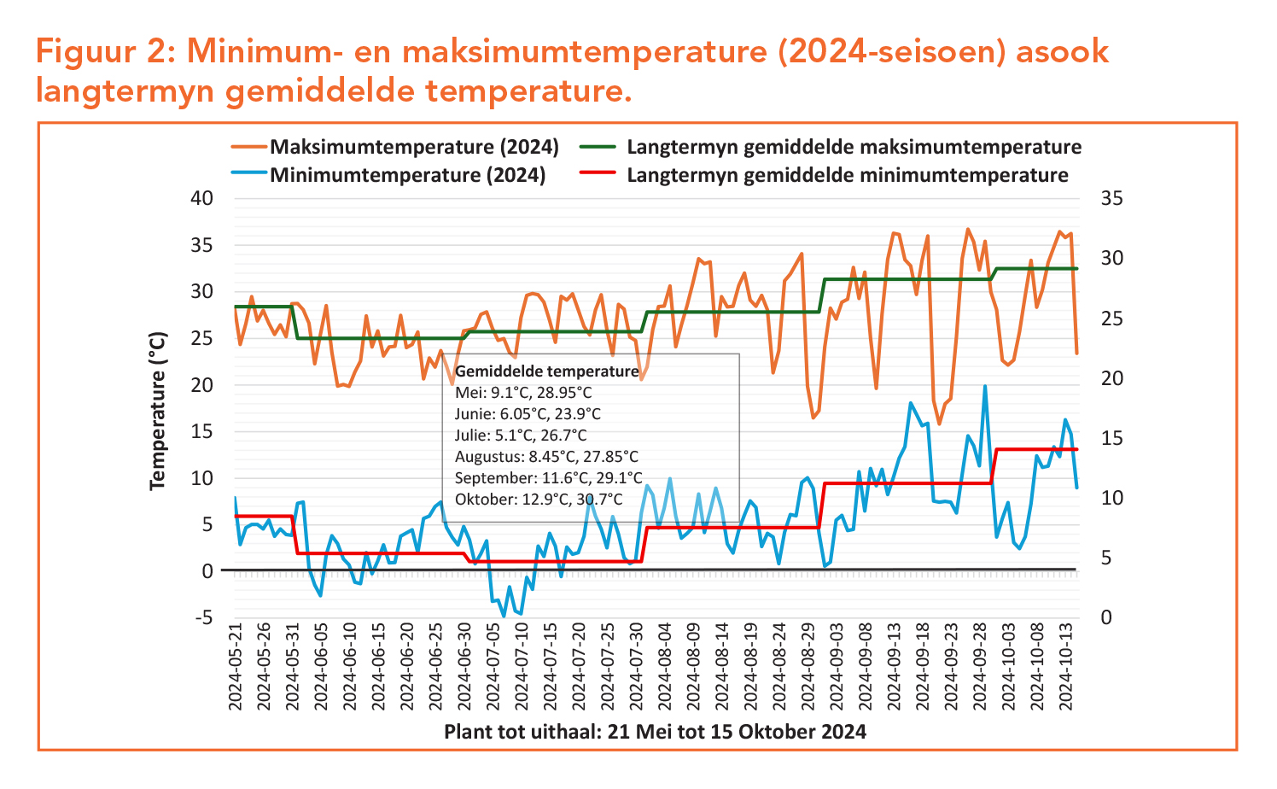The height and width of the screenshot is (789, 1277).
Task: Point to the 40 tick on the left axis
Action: coord(201,198)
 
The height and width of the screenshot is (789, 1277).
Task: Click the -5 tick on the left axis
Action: coord(201,617)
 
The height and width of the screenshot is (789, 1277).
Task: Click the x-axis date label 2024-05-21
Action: coord(236,669)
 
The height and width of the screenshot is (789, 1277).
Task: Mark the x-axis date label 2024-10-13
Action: coord(1064,669)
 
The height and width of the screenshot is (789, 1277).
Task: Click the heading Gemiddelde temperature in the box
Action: coord(546,371)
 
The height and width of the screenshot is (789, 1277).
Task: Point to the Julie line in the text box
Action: coord(521,435)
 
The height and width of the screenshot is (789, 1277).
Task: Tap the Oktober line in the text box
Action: coord(539,500)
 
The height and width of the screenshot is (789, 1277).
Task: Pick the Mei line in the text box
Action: coord(523,393)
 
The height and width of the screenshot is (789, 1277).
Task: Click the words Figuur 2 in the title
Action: coord(99,52)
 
